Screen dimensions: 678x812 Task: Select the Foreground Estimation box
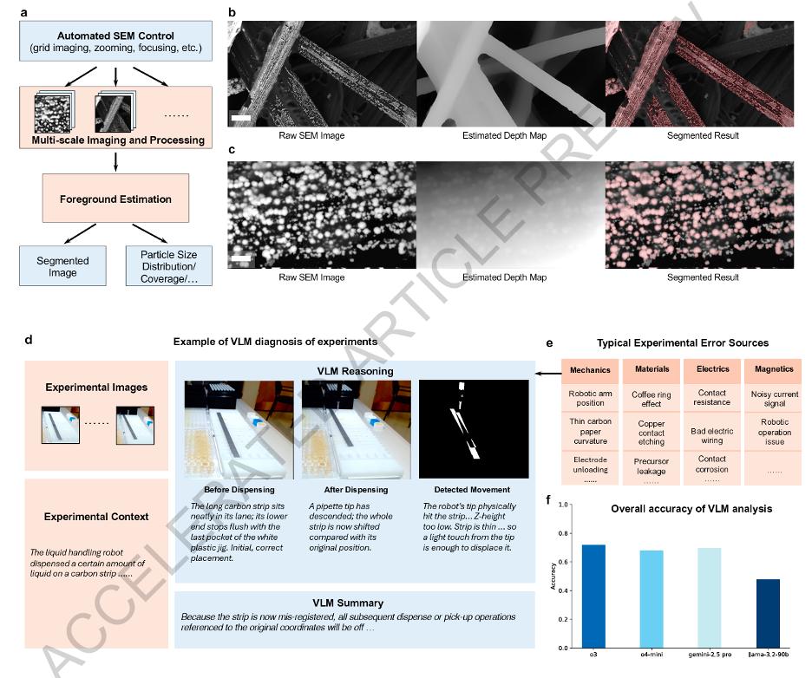click(115, 199)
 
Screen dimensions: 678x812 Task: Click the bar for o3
click(594, 596)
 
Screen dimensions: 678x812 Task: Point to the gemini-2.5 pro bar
click(709, 597)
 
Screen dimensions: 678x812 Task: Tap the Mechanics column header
click(590, 369)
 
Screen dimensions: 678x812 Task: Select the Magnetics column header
click(773, 369)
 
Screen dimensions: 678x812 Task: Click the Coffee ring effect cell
click(652, 398)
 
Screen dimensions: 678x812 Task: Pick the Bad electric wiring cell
click(712, 436)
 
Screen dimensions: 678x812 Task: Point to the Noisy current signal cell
click(773, 398)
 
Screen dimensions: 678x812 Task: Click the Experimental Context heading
click(96, 517)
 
